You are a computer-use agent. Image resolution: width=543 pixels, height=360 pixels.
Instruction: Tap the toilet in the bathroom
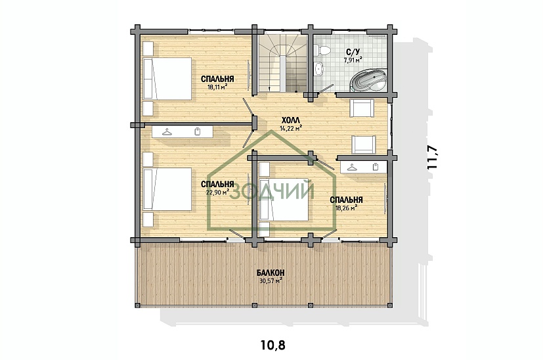323,50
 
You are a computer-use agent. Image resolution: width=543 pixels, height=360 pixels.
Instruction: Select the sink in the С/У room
320,68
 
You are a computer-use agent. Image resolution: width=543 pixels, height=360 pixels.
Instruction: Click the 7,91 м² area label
353,60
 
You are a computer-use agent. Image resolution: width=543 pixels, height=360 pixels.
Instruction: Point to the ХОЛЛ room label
291,120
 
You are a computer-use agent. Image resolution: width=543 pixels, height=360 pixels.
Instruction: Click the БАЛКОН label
271,273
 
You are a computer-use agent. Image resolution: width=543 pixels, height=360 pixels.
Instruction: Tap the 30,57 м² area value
271,281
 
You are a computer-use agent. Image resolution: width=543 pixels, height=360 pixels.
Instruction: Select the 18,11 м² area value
217,87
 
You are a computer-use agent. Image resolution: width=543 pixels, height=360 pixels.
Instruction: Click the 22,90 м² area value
217,192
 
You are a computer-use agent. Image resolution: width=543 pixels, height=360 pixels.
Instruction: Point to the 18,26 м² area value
346,208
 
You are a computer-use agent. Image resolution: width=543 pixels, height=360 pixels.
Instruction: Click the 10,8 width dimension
273,345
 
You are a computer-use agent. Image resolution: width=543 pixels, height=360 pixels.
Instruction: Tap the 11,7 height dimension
433,157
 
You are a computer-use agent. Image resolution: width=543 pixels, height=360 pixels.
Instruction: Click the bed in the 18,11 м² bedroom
167,79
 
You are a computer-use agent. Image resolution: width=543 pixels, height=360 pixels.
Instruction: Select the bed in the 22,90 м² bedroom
167,189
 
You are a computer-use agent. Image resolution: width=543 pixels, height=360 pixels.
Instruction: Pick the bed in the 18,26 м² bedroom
284,199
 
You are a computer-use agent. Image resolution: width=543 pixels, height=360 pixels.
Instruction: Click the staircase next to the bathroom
282,63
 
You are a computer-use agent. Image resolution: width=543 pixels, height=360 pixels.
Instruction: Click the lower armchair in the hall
364,144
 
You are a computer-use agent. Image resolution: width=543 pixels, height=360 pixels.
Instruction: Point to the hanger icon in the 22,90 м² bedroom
167,132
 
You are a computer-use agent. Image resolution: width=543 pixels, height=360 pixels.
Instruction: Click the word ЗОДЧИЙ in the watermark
272,191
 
